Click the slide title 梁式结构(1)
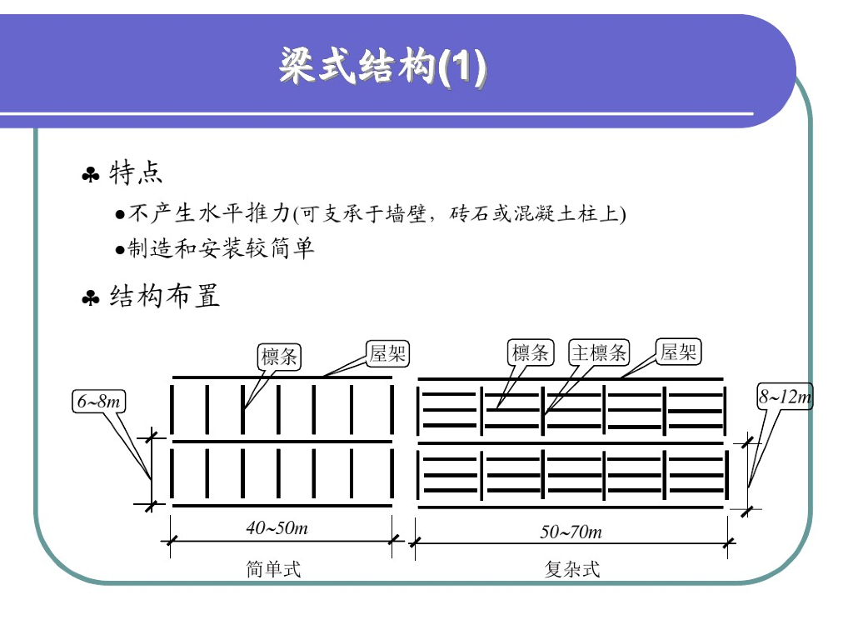(x=382, y=67)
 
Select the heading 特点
(x=136, y=173)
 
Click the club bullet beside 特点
(x=90, y=175)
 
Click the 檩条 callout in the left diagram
(x=280, y=357)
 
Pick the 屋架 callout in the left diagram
(x=388, y=353)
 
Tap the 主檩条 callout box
(x=599, y=353)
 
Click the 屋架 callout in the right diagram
(x=678, y=352)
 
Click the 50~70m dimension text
(x=571, y=532)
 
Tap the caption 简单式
(x=273, y=569)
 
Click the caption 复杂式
(x=572, y=569)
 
